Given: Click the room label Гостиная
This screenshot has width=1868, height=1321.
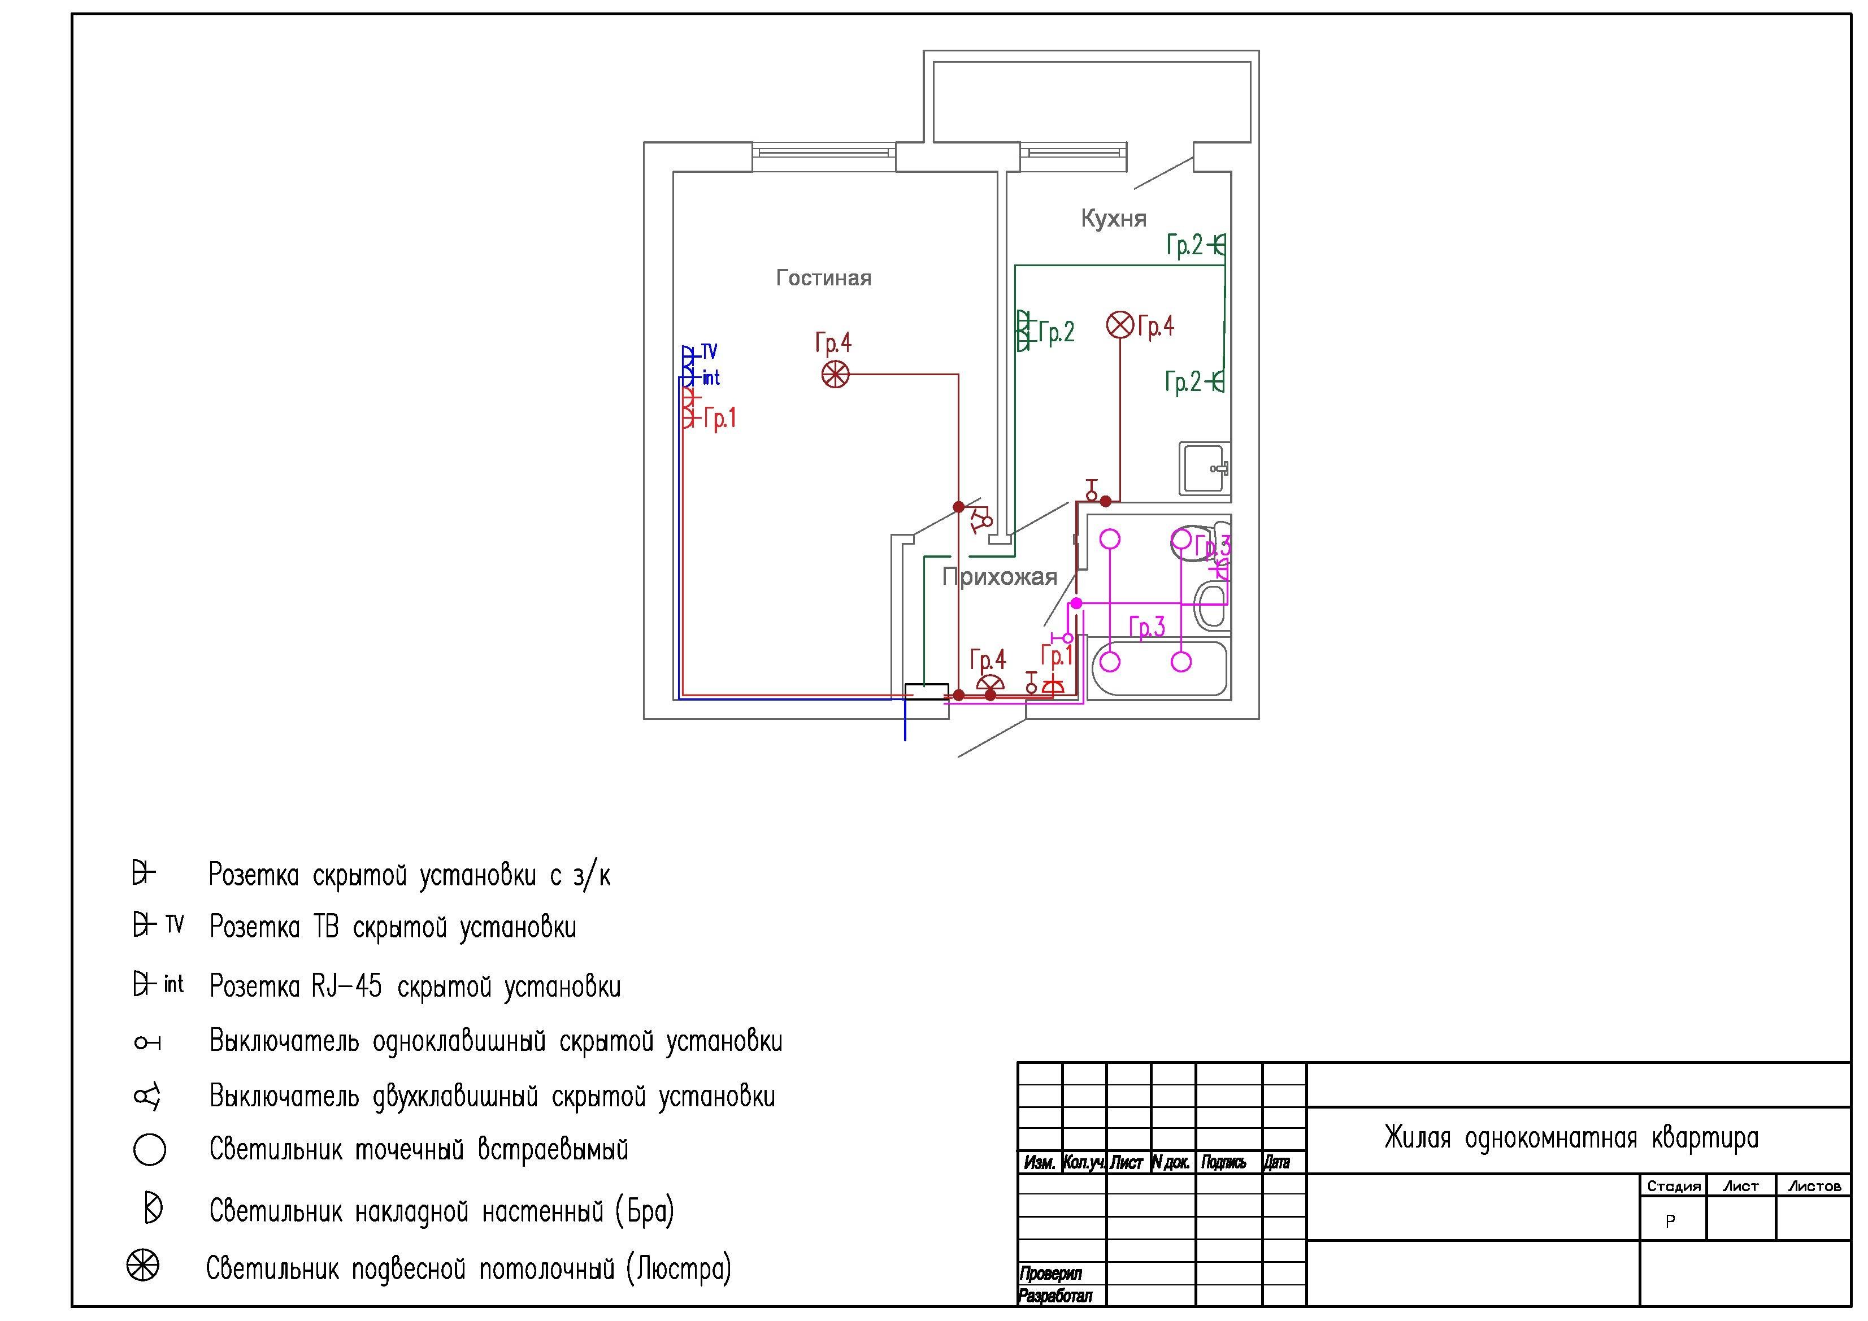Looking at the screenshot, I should click(x=823, y=278).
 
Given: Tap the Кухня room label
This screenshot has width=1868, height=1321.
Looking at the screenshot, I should click(x=1113, y=218).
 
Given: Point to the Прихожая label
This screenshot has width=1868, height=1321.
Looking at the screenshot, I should click(x=999, y=577).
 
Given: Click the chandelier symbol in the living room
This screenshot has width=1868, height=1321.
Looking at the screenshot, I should click(x=836, y=375).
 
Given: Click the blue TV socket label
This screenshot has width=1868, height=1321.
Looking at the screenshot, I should click(x=710, y=351).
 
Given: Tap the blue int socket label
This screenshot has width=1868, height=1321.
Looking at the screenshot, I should click(x=711, y=377).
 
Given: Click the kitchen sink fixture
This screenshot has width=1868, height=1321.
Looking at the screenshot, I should click(x=1204, y=468).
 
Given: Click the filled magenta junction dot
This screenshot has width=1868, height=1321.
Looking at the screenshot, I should click(x=1076, y=603).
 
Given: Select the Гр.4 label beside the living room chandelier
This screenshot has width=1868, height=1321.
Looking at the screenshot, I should click(x=833, y=342).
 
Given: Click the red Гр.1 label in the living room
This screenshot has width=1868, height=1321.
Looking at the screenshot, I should click(x=720, y=418).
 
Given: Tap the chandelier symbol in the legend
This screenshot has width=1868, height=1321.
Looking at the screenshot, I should click(x=143, y=1266).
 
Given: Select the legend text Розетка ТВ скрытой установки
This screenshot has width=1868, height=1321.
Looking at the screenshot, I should click(x=393, y=927).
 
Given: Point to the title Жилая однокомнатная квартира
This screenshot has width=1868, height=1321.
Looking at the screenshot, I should click(x=1571, y=1138).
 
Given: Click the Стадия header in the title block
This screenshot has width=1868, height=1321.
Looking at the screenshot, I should click(x=1674, y=1186).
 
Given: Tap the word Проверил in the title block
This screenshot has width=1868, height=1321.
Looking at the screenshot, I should click(x=1051, y=1274).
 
